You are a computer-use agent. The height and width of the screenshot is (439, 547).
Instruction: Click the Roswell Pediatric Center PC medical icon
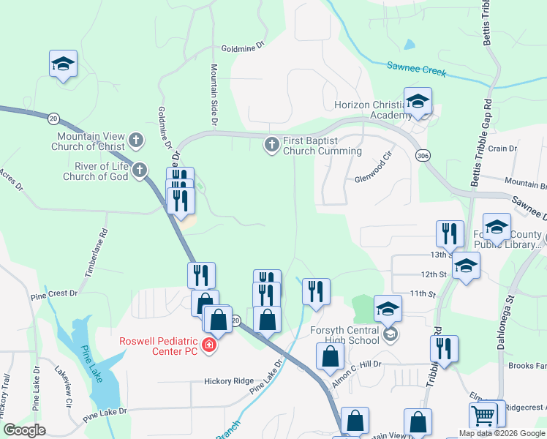coord(209,345)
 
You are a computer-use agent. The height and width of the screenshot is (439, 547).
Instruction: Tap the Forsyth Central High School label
coord(344,334)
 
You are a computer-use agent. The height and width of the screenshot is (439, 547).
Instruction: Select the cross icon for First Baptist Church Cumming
coord(271,145)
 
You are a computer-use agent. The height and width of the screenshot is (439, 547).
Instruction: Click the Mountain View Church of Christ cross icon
coord(135,140)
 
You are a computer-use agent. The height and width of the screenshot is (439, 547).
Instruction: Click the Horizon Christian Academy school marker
coord(418,102)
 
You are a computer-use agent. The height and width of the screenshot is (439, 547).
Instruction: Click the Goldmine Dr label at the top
coord(241,48)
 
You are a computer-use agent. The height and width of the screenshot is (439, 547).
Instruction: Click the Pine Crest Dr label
coord(53,294)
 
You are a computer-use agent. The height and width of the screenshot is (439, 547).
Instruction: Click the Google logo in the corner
coord(25,430)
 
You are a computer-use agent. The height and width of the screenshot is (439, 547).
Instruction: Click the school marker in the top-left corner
coord(64,64)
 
